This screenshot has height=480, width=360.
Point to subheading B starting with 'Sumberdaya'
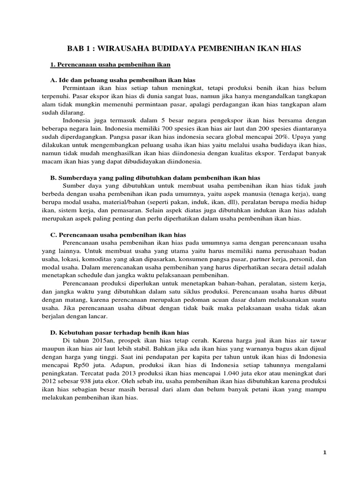coord(155,178)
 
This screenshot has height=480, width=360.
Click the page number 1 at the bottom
coord(324,451)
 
